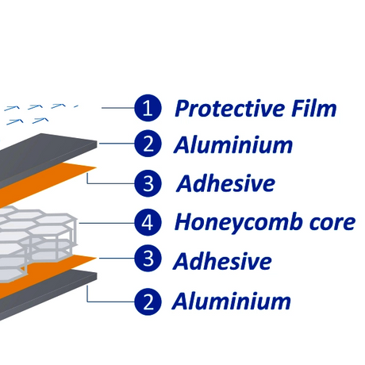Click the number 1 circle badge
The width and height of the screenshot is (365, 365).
[x=148, y=108]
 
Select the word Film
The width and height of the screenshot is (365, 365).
[x=313, y=108]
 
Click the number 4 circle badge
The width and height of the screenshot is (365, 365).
[x=148, y=222]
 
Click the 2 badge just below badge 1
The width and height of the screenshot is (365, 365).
[x=148, y=144]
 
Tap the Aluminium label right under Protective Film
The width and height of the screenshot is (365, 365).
[x=233, y=144]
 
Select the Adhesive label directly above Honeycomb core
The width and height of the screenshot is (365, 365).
[x=225, y=183]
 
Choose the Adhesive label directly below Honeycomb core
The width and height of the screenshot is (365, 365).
[x=222, y=261]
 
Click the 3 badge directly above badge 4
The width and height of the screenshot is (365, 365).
[x=148, y=183]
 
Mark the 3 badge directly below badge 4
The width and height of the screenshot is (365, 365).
[x=148, y=259]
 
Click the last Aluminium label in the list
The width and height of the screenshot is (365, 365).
[x=232, y=301]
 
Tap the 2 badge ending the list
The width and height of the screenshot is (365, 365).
[x=148, y=302]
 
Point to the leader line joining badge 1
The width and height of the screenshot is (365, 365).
[x=118, y=108]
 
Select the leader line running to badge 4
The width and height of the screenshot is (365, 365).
[x=106, y=223]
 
